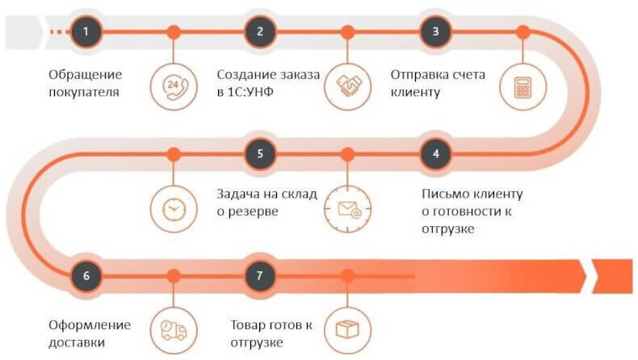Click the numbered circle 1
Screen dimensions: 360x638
tap(86, 32)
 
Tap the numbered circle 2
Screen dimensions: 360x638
tap(260, 32)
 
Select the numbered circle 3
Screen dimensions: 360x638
tap(436, 32)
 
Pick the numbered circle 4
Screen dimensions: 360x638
tap(436, 153)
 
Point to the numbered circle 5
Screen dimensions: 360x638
tap(260, 153)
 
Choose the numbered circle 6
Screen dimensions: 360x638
tap(86, 275)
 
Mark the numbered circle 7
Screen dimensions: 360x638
tap(260, 275)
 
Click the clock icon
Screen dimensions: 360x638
tap(173, 207)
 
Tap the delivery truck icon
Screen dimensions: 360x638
tap(173, 329)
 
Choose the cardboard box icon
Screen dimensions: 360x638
tap(347, 329)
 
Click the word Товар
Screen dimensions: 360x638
tap(247, 325)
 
